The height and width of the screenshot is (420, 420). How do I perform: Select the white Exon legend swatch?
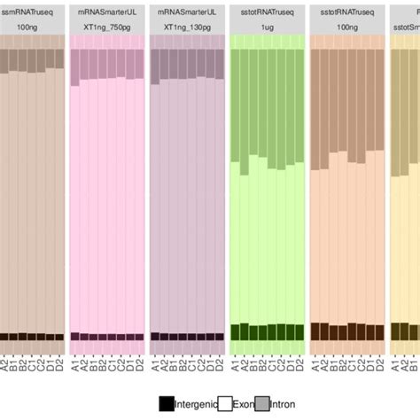[x=225, y=403]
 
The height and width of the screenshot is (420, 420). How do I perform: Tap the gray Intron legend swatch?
[x=262, y=403]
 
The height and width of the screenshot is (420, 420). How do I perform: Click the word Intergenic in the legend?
[x=198, y=404]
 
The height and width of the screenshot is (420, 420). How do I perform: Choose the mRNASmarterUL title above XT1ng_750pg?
[x=106, y=12]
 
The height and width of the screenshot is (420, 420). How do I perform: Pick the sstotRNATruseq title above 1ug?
[x=267, y=12]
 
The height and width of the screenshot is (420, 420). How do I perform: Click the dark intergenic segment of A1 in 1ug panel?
[x=235, y=331]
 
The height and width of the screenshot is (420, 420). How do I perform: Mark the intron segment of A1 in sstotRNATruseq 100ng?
[x=315, y=107]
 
